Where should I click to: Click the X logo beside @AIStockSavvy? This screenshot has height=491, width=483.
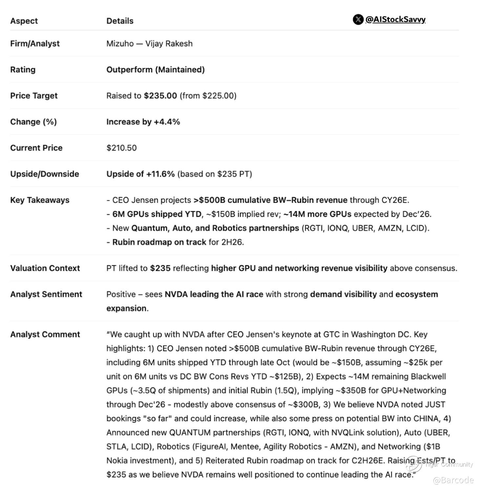(358, 20)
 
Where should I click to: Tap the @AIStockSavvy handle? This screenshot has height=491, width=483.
(395, 20)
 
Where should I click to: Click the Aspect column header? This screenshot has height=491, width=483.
(24, 21)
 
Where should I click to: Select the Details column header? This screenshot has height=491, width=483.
(120, 21)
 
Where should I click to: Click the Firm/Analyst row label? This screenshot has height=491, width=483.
(35, 44)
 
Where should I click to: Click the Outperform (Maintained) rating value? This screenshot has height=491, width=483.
(155, 69)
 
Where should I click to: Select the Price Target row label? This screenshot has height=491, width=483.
(34, 96)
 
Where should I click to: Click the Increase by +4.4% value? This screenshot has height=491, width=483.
(143, 122)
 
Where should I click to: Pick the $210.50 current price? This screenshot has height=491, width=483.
(121, 148)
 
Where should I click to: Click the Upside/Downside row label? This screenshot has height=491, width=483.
(45, 174)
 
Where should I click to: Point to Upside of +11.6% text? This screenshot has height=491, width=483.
(140, 174)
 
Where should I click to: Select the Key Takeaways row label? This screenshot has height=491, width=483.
(40, 200)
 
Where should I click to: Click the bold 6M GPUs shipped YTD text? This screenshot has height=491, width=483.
(157, 214)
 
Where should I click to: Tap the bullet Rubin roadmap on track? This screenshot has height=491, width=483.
(159, 242)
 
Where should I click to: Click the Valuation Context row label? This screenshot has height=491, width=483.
(45, 268)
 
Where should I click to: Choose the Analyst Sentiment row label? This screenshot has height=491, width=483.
(46, 294)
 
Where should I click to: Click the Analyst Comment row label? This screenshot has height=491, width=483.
(45, 334)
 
